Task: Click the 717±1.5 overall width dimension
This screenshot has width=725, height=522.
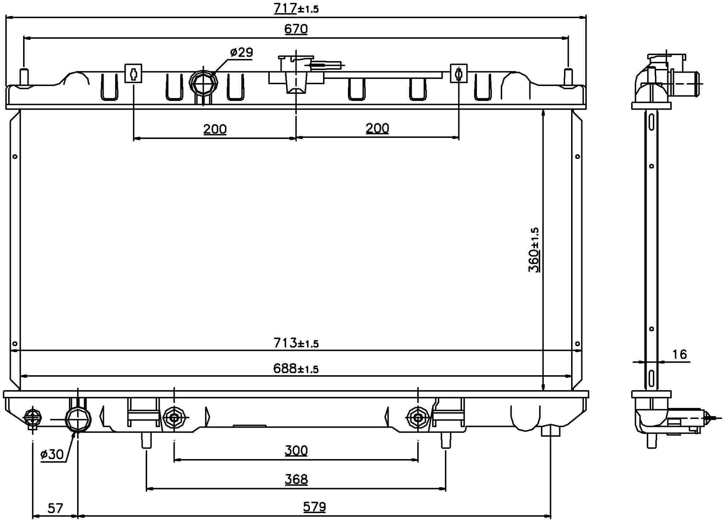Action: pyautogui.click(x=296, y=8)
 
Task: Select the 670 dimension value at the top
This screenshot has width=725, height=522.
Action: pyautogui.click(x=296, y=29)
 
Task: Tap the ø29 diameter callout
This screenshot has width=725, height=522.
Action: pyautogui.click(x=241, y=53)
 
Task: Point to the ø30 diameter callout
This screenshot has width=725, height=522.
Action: pyautogui.click(x=52, y=455)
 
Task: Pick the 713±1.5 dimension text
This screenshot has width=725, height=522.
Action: pyautogui.click(x=296, y=343)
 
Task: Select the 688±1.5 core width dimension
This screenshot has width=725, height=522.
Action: pyautogui.click(x=296, y=369)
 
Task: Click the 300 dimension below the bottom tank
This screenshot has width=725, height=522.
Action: pyautogui.click(x=296, y=451)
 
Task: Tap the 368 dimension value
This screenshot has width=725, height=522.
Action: pyautogui.click(x=296, y=479)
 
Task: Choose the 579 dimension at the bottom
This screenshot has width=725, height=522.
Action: pyautogui.click(x=314, y=507)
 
